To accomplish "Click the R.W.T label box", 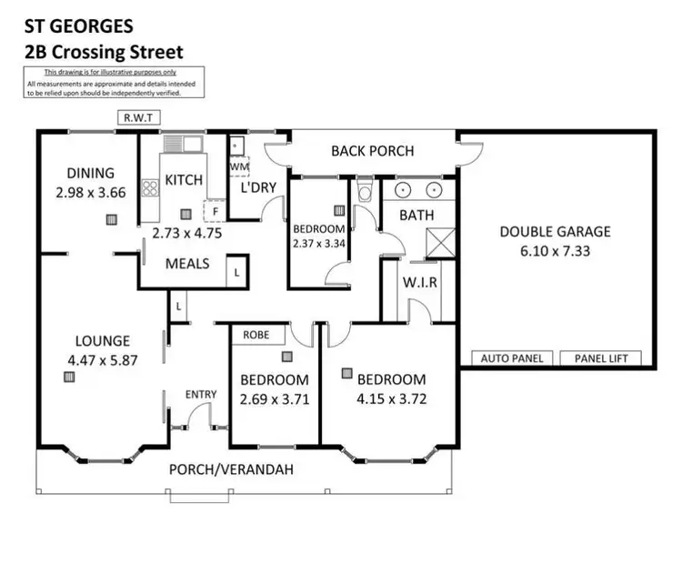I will point(139,116).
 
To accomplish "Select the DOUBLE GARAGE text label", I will point(555,231).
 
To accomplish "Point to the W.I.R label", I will point(420,282).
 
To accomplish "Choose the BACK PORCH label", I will point(372,151).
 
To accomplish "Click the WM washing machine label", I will point(238,167).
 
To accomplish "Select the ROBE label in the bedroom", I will point(258,335).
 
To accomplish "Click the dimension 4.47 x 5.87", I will point(104,359).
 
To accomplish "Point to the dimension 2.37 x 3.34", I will point(318,243).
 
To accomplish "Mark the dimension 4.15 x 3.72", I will point(391,398).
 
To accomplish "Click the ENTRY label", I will point(200,394).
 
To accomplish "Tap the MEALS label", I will point(187,264).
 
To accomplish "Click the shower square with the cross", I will point(441,243).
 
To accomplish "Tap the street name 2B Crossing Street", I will point(105,52).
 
